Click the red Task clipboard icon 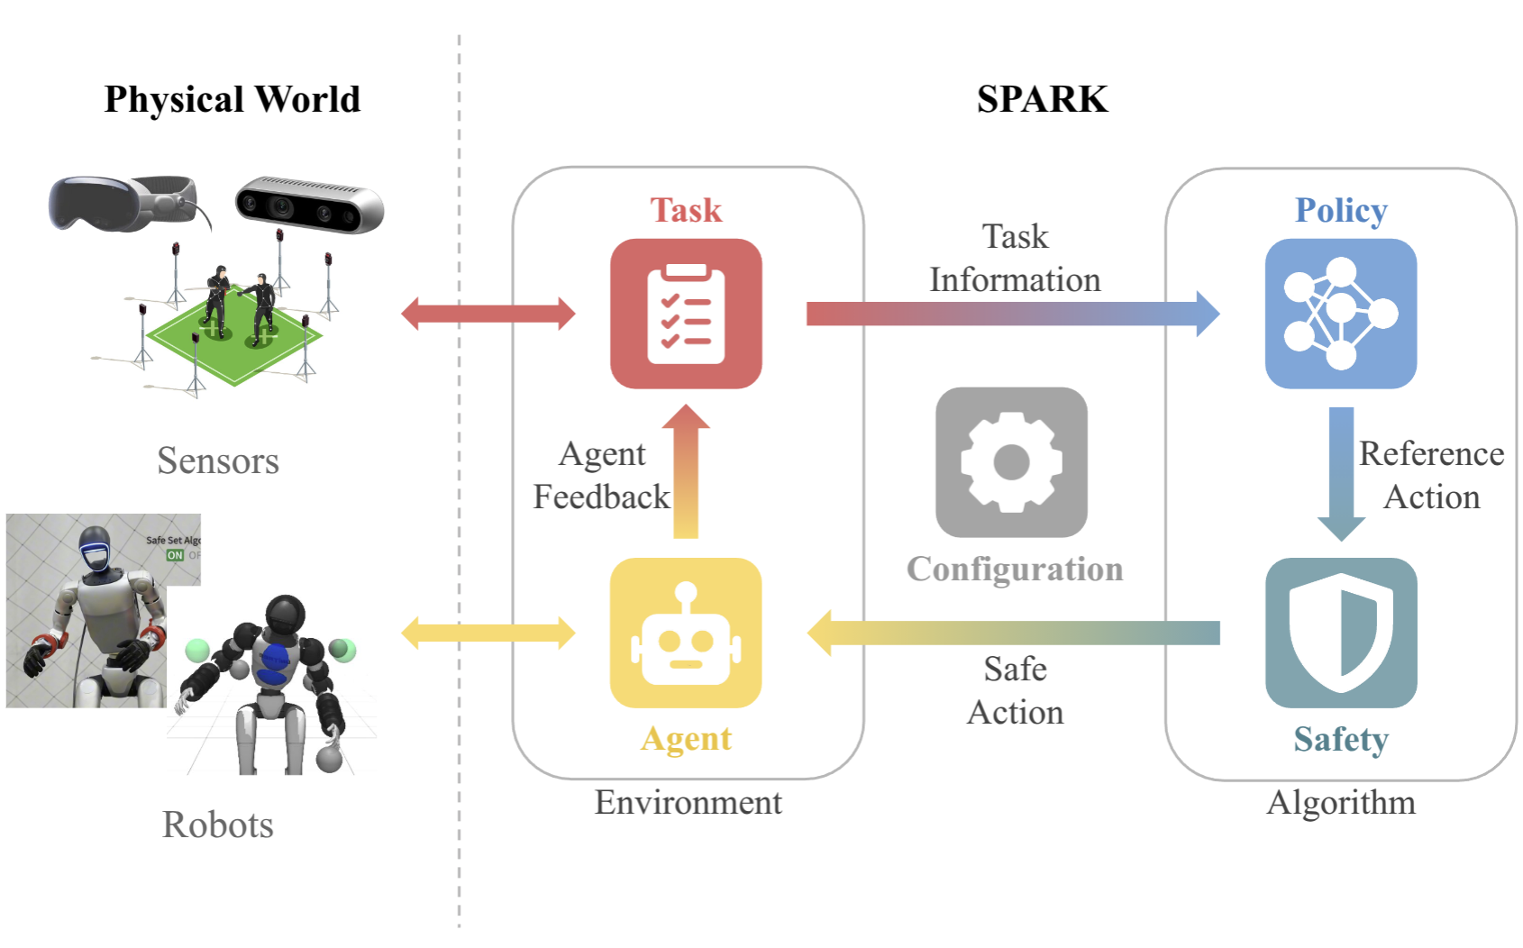click(686, 314)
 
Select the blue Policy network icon click(1340, 314)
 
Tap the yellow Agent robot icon click(686, 633)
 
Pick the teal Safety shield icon click(1340, 633)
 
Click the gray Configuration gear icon click(1011, 462)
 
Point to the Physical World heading click(232, 99)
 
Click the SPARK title click(1042, 99)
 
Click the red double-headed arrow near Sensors click(488, 314)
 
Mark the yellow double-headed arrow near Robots click(488, 633)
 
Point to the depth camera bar click(309, 205)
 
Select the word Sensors click(217, 460)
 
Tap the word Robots click(217, 825)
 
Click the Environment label click(688, 802)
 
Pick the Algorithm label click(1340, 802)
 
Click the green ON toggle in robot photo click(175, 555)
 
